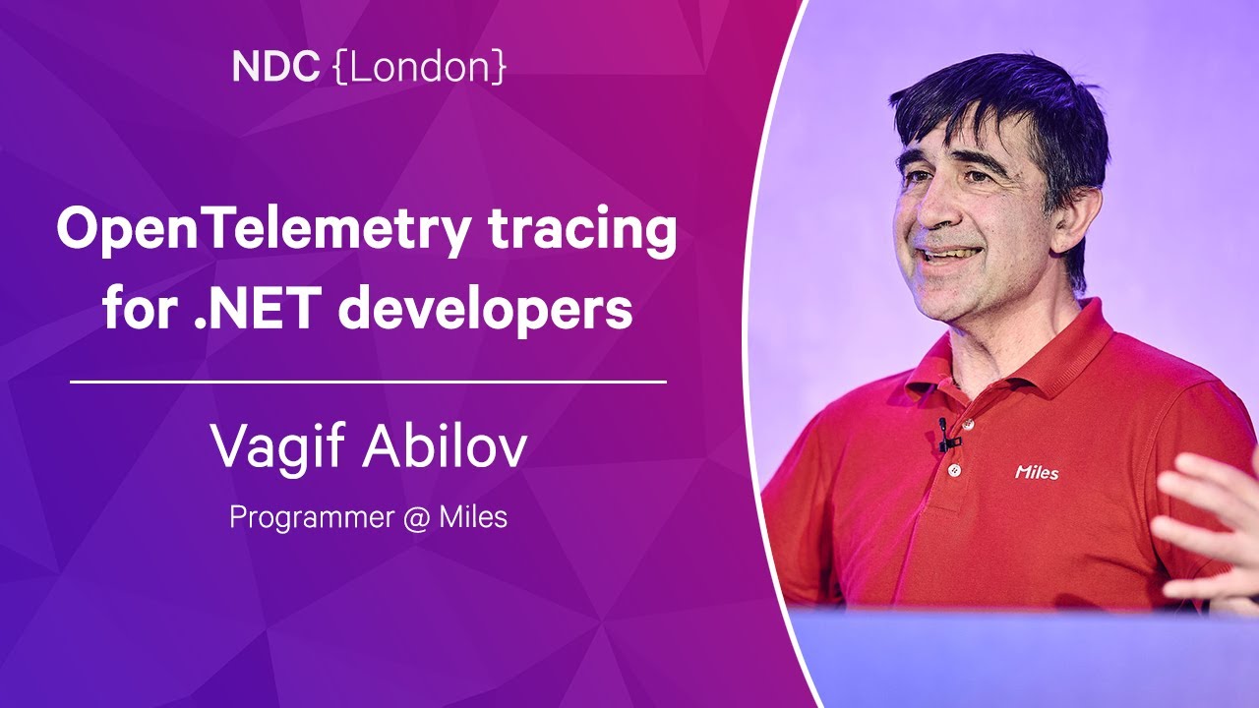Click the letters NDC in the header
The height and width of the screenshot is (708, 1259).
[x=275, y=66]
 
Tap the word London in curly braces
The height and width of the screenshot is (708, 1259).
[x=420, y=66]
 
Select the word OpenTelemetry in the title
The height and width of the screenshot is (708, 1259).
[x=264, y=231]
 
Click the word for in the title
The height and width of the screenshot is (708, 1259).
[x=140, y=308]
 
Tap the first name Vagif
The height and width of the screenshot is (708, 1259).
[x=277, y=447]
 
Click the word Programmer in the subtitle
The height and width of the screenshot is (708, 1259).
[x=312, y=518]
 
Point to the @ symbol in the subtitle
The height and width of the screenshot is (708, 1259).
[x=416, y=518]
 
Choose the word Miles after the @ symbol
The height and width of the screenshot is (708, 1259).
[x=473, y=517]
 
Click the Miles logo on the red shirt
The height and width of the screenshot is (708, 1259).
[x=1037, y=473]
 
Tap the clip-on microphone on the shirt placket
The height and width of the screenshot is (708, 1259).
[x=946, y=436]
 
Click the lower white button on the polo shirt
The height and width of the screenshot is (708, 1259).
[x=953, y=470]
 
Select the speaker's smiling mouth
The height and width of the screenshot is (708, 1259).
[x=950, y=256]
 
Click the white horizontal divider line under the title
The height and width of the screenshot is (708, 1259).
[x=368, y=383]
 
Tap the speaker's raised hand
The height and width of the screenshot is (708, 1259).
[x=1209, y=534]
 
